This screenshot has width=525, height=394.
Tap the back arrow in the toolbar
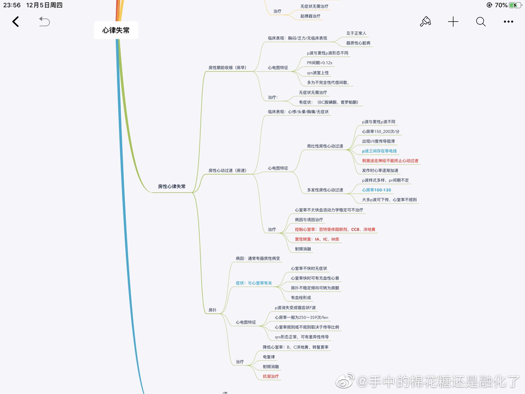[x=15, y=22]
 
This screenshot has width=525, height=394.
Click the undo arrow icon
[x=44, y=22]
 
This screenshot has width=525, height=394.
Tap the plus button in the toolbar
[x=453, y=22]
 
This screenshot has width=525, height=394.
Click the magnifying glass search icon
[x=481, y=22]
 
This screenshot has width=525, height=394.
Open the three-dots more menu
[x=508, y=22]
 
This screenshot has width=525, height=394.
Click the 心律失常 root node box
[x=116, y=30]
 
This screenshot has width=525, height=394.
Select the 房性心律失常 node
[x=172, y=186]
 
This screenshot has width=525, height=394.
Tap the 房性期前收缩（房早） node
[x=227, y=67]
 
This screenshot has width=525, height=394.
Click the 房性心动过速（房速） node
[x=227, y=170]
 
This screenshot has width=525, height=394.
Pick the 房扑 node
[x=213, y=310]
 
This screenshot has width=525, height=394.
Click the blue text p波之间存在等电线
[x=379, y=151]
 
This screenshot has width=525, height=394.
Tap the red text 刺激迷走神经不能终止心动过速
[x=390, y=161]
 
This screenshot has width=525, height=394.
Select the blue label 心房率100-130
[x=376, y=190]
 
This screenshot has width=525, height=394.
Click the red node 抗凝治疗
[x=271, y=376]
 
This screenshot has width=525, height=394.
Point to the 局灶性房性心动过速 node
[x=325, y=146]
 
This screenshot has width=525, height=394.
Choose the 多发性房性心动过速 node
[x=325, y=190]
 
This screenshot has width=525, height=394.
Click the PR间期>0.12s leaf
[x=319, y=63]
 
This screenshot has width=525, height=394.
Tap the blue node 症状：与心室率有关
[x=254, y=283]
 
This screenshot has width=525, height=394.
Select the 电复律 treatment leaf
[x=269, y=357]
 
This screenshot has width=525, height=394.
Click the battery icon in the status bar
[x=515, y=5]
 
